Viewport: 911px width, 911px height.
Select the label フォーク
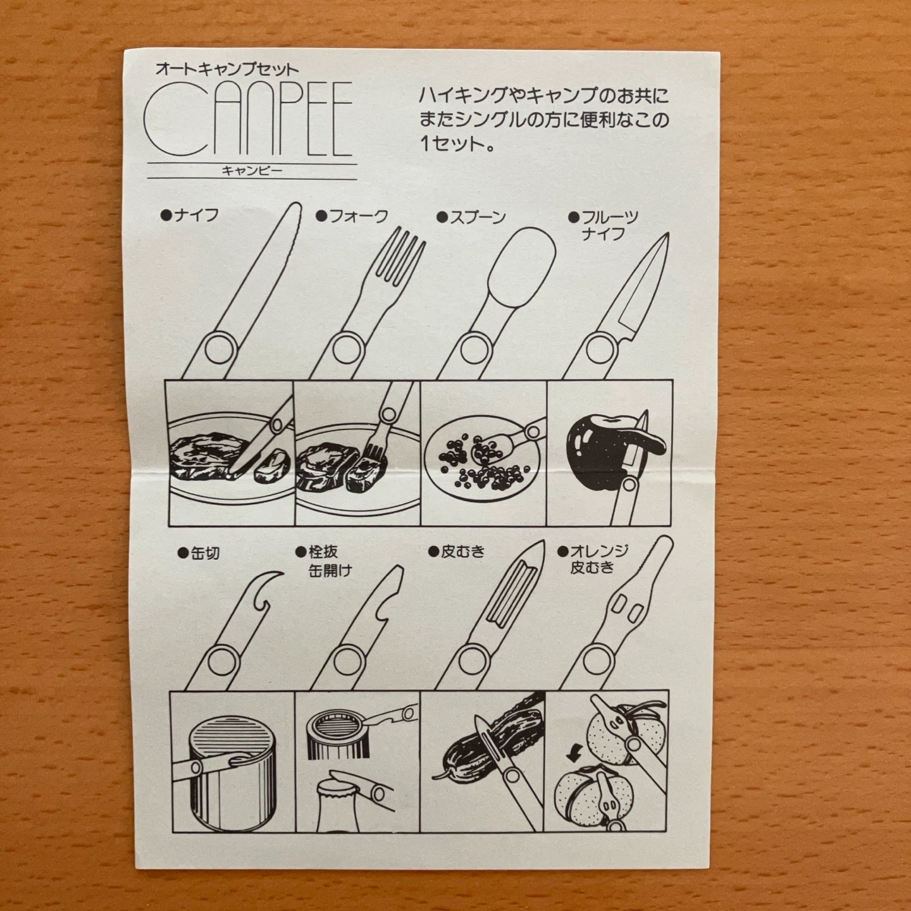(358, 216)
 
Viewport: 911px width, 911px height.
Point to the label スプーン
(478, 217)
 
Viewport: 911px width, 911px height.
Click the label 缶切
(205, 553)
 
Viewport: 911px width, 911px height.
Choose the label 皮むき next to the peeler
(463, 551)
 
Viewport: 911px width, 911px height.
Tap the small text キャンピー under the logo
(251, 171)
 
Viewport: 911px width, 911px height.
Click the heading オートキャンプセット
(227, 70)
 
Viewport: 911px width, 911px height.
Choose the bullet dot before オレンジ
(562, 551)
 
